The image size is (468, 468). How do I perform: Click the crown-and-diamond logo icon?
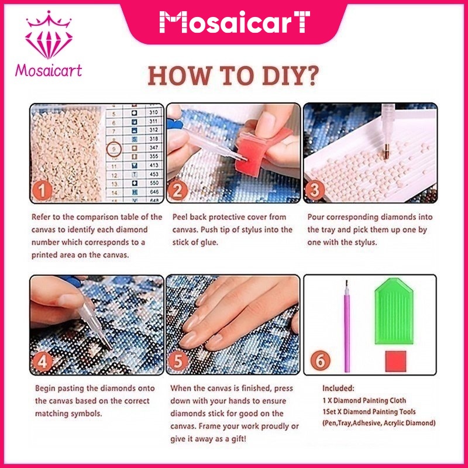tap(49, 35)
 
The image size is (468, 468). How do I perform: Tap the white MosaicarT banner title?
tap(235, 22)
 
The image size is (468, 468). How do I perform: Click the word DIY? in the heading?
tap(290, 76)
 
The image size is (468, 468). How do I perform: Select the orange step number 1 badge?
tap(42, 191)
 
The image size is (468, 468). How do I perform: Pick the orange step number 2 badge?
tap(178, 191)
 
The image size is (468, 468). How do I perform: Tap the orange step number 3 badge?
tap(315, 190)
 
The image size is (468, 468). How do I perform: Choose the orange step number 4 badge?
tap(42, 362)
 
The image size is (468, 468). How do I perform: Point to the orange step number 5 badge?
tap(178, 362)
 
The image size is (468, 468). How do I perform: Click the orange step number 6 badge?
tap(320, 360)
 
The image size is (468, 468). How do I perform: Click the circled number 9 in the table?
tap(113, 149)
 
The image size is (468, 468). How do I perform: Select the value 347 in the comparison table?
tap(154, 147)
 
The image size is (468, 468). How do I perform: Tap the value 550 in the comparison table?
tap(154, 183)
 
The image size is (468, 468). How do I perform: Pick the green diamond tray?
tap(394, 311)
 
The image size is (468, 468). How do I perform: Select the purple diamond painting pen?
tap(347, 326)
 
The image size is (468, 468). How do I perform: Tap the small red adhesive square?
tap(396, 361)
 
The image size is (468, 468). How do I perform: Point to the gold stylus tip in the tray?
tap(386, 152)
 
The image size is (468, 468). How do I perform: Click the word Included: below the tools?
tap(339, 388)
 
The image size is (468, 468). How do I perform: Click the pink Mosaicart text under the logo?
tap(49, 70)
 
